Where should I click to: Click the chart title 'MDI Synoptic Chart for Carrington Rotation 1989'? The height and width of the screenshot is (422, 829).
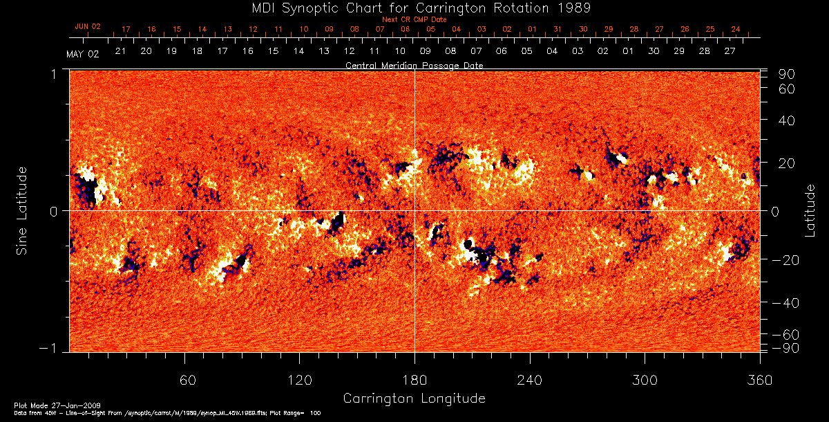(x=414, y=8)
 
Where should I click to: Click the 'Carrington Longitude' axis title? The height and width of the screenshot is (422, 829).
(x=414, y=398)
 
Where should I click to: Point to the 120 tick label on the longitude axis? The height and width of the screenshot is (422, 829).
(x=300, y=380)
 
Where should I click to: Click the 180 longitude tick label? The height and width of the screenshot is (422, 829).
(x=414, y=380)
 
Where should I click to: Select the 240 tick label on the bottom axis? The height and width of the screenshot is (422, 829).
(x=530, y=380)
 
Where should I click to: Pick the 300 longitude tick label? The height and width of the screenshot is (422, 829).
(x=645, y=380)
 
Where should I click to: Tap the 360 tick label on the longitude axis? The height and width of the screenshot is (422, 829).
(x=759, y=380)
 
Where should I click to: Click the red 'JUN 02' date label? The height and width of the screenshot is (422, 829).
(x=88, y=26)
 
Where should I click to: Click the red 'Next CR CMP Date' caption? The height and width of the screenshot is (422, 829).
(x=414, y=19)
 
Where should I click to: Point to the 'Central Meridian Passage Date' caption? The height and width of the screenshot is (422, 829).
(x=414, y=65)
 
